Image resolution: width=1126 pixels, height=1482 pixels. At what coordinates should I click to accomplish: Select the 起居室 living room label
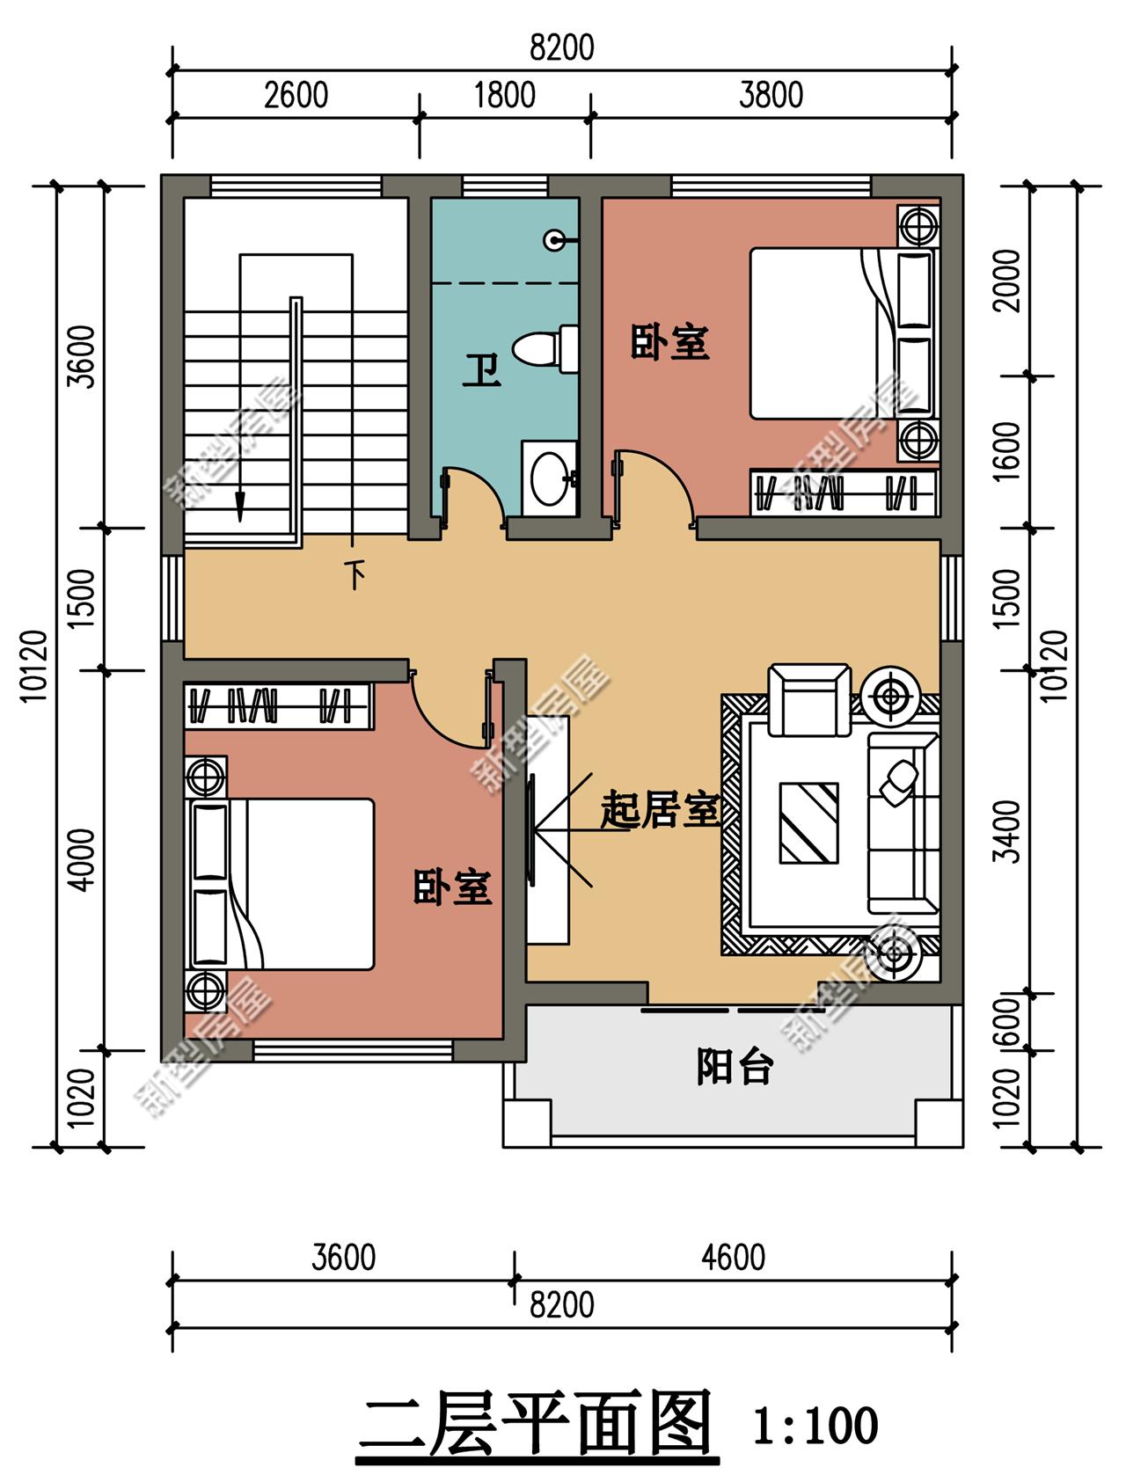(661, 808)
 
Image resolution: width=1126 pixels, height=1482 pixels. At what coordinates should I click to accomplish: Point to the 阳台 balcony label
(735, 1067)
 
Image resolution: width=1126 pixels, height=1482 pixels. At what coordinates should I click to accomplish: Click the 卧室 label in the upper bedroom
(669, 341)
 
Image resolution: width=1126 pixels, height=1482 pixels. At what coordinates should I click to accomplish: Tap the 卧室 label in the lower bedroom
(452, 887)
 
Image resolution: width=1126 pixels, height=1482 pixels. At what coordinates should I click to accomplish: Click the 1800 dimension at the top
(505, 95)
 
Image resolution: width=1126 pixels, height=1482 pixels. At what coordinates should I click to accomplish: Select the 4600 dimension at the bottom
(733, 1257)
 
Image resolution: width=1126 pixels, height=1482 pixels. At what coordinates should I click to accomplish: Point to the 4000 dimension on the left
(82, 859)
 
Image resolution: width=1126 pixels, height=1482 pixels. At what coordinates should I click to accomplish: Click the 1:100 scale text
(815, 1426)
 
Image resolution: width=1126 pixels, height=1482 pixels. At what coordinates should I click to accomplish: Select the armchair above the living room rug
(809, 699)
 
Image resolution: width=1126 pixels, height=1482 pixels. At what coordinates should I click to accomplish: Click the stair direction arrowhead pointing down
(239, 507)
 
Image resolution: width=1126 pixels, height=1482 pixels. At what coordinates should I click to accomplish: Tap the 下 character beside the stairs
(355, 575)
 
